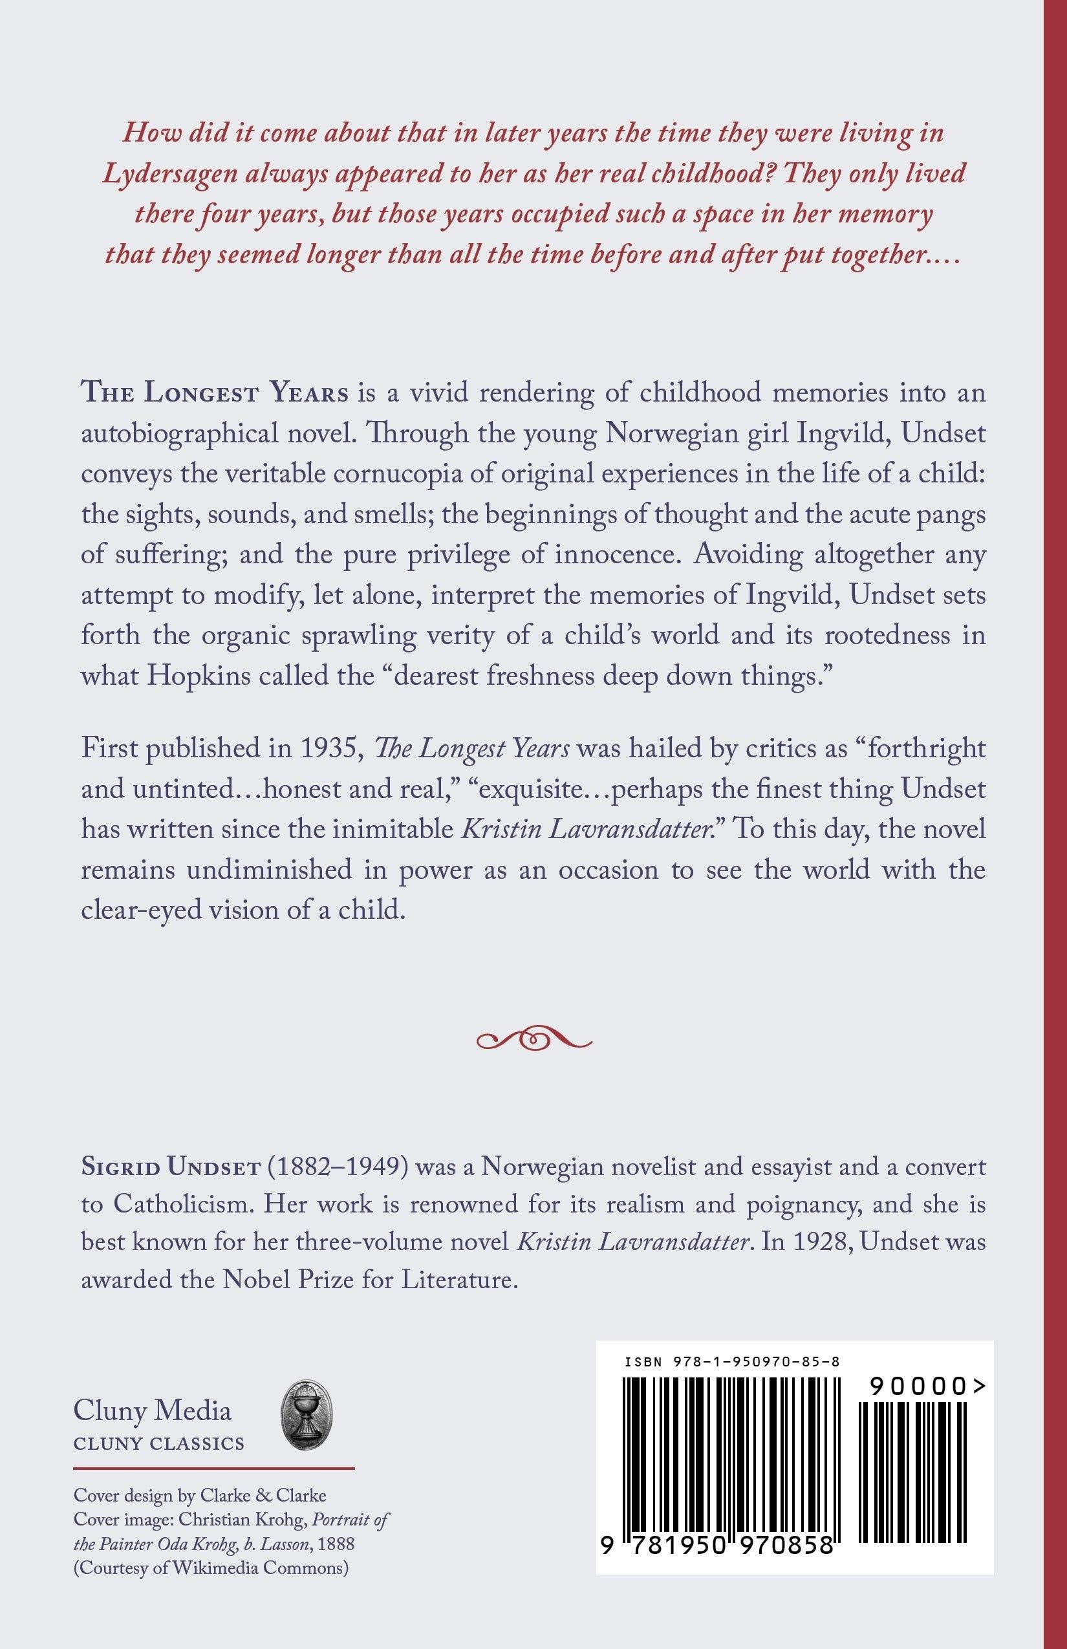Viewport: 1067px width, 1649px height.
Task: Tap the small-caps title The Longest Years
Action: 215,393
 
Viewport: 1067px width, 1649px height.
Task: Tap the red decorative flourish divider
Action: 534,1038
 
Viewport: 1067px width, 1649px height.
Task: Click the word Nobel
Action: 256,1280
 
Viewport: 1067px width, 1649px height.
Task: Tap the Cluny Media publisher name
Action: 152,1410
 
